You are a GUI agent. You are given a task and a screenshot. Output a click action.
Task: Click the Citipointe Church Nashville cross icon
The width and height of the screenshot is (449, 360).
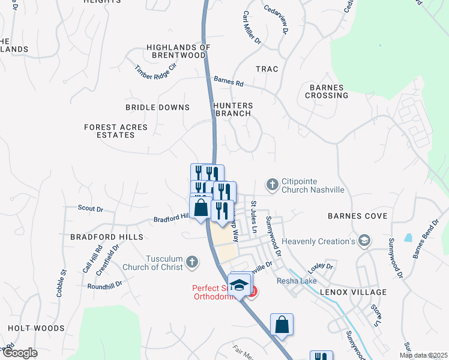(273, 185)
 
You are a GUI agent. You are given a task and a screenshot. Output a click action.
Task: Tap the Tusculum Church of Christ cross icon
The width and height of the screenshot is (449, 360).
(191, 261)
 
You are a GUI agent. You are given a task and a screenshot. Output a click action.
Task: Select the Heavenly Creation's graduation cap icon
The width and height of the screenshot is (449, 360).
(363, 241)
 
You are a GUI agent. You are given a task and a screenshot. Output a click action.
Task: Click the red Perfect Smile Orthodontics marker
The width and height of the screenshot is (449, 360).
(253, 292)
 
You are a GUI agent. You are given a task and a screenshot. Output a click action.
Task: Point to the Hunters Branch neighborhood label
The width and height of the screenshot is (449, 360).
(234, 109)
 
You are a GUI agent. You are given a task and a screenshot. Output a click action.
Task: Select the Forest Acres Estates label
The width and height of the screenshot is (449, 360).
(109, 131)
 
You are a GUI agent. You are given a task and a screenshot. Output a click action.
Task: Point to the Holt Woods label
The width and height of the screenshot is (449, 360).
(36, 328)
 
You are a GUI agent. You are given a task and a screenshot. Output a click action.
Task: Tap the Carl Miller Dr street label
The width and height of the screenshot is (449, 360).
(252, 28)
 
